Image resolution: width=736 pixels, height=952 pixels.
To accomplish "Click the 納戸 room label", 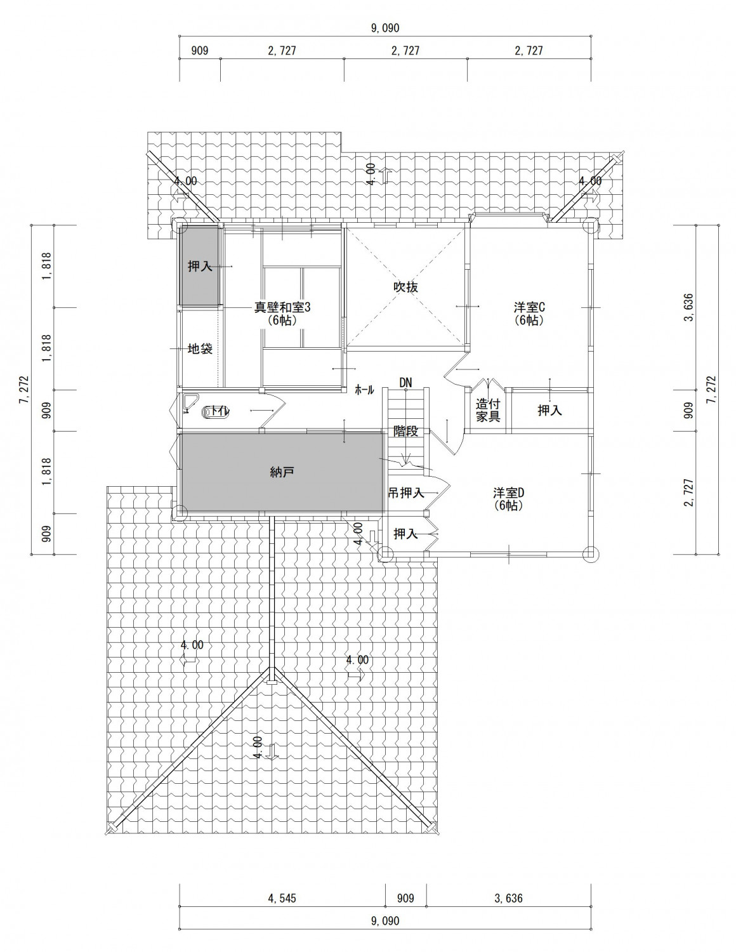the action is pos(282,472).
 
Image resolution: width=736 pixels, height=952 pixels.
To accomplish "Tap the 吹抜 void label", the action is pos(405,287).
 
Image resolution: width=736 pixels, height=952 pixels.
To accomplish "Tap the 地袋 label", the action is pos(200,348).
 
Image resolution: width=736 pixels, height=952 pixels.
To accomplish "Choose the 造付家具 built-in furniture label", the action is pos(488,410).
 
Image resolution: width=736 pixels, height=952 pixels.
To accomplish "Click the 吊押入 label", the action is pos(406,493).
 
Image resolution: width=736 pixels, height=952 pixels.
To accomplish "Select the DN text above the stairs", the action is pos(405,383).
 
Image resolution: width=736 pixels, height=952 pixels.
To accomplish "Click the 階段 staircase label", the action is pos(405,431).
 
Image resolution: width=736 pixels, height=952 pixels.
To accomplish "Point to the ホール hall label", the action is pos(364,390).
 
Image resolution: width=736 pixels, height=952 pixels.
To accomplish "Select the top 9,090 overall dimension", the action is pos(385,28).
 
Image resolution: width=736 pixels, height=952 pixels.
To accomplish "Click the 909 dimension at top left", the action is pos(200,51).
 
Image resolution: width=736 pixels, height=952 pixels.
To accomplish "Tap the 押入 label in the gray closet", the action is pos(200,266).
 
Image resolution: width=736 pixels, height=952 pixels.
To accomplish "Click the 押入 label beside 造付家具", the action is pos(550,410).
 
